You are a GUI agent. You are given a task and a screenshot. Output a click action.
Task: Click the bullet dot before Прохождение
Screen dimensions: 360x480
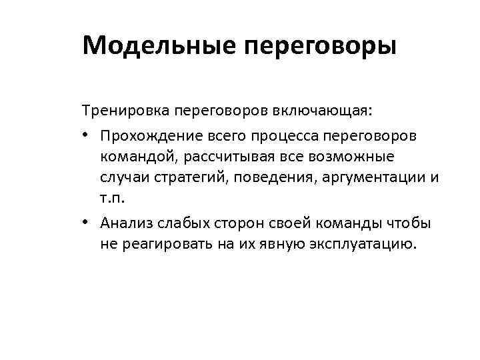[x=87, y=136]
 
